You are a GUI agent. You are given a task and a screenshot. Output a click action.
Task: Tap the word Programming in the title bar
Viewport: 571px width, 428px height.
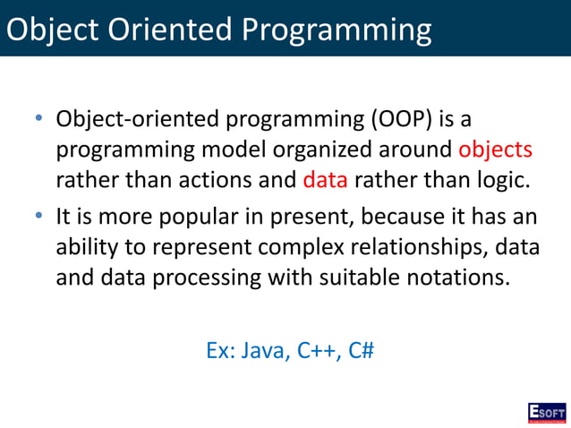(x=335, y=30)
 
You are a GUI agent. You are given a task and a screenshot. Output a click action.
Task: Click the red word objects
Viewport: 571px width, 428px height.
(x=495, y=150)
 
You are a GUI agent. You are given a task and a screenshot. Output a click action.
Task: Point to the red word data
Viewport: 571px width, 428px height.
(x=324, y=179)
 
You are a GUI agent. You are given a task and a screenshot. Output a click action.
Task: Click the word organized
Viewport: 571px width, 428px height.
(x=343, y=150)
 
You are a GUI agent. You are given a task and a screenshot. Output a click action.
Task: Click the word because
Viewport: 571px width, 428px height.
(x=405, y=218)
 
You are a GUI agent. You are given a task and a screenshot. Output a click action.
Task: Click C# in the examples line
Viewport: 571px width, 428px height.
(x=362, y=349)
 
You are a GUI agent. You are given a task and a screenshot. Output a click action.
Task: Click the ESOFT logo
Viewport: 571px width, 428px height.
(x=546, y=412)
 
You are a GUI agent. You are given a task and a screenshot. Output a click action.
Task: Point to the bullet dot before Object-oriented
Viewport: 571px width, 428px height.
(x=39, y=119)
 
